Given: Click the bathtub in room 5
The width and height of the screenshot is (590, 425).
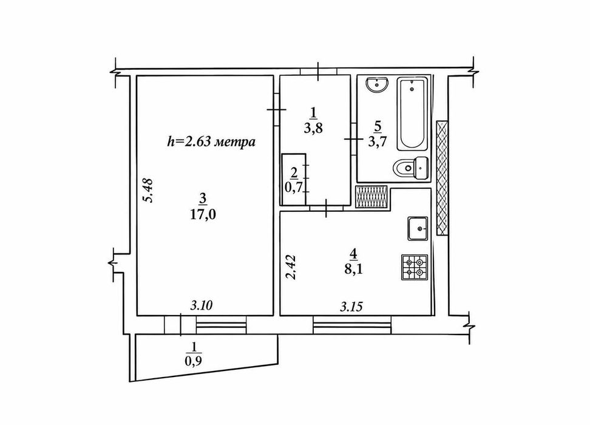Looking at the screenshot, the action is coord(412,114).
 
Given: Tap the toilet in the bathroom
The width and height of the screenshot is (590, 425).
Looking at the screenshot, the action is coord(411,168).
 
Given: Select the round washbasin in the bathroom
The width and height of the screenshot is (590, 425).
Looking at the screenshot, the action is coord(378,84).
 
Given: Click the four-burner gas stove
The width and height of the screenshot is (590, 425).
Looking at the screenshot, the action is coord(415,267).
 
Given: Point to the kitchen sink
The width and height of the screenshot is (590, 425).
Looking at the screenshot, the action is coord(418,228).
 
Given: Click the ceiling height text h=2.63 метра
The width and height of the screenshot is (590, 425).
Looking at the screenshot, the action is coord(211,142).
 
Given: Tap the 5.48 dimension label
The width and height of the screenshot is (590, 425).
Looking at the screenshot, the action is coord(149,190).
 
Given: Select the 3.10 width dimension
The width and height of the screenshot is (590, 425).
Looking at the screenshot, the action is coord(202,305).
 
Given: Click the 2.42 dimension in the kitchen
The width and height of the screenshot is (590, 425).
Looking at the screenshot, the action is coord(292,268).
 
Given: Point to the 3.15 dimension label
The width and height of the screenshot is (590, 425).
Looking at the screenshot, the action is coord(351,307).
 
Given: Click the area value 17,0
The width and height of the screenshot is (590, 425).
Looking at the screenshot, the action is coord(203,215).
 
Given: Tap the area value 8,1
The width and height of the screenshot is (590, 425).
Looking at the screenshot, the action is coord(353,270).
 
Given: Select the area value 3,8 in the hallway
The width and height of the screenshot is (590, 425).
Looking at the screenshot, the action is coord(313,128).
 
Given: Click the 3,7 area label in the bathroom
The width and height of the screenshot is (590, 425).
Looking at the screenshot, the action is coord(378,142).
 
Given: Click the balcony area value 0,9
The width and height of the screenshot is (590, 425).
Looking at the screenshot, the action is coord(194,361).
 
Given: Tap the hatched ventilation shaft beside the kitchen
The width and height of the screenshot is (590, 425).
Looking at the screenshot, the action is coord(371,197).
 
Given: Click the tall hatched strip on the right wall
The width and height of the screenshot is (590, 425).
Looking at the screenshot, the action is coord(442,178).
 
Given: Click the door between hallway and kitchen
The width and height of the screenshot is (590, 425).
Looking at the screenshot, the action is coord(326,208).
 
